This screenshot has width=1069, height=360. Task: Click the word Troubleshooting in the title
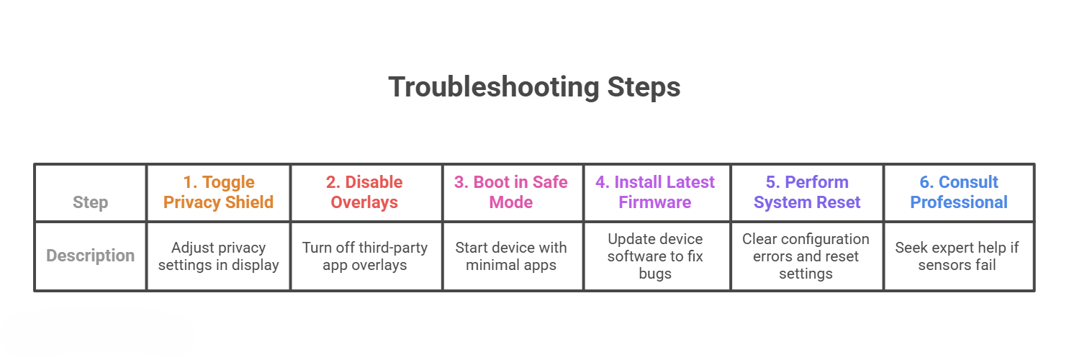[x=494, y=87]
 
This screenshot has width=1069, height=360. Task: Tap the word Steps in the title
[x=644, y=87]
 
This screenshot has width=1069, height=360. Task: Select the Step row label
[x=90, y=202]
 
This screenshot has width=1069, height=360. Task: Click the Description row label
[x=90, y=256]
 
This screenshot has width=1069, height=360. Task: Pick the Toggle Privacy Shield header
[x=219, y=192]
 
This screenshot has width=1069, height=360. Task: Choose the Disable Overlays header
[x=364, y=192]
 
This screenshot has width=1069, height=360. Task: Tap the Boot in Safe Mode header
[x=511, y=192]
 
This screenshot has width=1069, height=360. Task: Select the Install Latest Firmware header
[x=655, y=192]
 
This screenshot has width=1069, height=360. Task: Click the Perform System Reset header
[x=807, y=192]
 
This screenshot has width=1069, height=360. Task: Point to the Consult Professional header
[x=959, y=192]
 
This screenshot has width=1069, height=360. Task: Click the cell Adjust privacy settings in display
[x=219, y=256]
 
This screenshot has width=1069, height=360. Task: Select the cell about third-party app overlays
[x=364, y=256]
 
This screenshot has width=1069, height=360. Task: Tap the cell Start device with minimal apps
[x=511, y=256]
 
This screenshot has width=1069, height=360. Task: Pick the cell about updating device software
[x=655, y=256]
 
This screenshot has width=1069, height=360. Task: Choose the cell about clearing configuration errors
[x=806, y=256]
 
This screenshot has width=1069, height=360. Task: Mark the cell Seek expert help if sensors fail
[x=957, y=256]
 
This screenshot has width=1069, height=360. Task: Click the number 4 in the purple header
[x=601, y=182]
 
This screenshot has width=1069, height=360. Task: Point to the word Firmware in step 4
[x=655, y=202]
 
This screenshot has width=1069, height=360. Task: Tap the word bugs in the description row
[x=655, y=274]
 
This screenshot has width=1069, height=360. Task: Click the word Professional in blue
[x=959, y=202]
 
